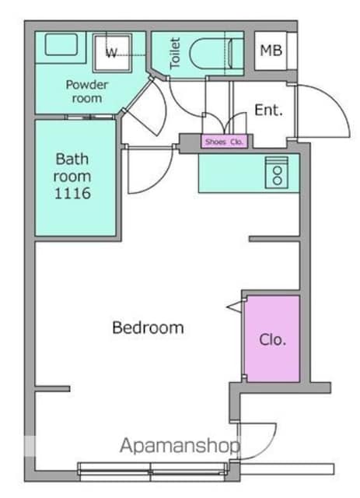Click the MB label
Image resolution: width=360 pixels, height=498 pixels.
271,50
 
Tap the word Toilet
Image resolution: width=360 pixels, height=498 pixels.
175,53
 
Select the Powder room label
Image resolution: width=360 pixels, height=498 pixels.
86,92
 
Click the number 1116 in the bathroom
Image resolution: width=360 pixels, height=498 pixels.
72,194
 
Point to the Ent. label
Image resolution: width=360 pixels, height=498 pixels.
268,110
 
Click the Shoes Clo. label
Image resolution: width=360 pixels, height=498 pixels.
224,142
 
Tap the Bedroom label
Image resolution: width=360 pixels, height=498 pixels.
149,328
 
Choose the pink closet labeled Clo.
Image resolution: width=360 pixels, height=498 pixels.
272,339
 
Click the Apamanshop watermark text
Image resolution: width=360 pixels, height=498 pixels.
180,446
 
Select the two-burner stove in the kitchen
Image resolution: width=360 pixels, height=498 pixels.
277,173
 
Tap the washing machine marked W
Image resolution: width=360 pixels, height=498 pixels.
112,53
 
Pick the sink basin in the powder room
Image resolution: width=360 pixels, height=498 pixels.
61,44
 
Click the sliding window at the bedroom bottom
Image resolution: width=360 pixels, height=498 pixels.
152,468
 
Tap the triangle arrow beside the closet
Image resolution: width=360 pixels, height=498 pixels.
234,307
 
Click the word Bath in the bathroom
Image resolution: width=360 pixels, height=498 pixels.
72,159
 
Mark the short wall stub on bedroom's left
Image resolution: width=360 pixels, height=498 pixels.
52,388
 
